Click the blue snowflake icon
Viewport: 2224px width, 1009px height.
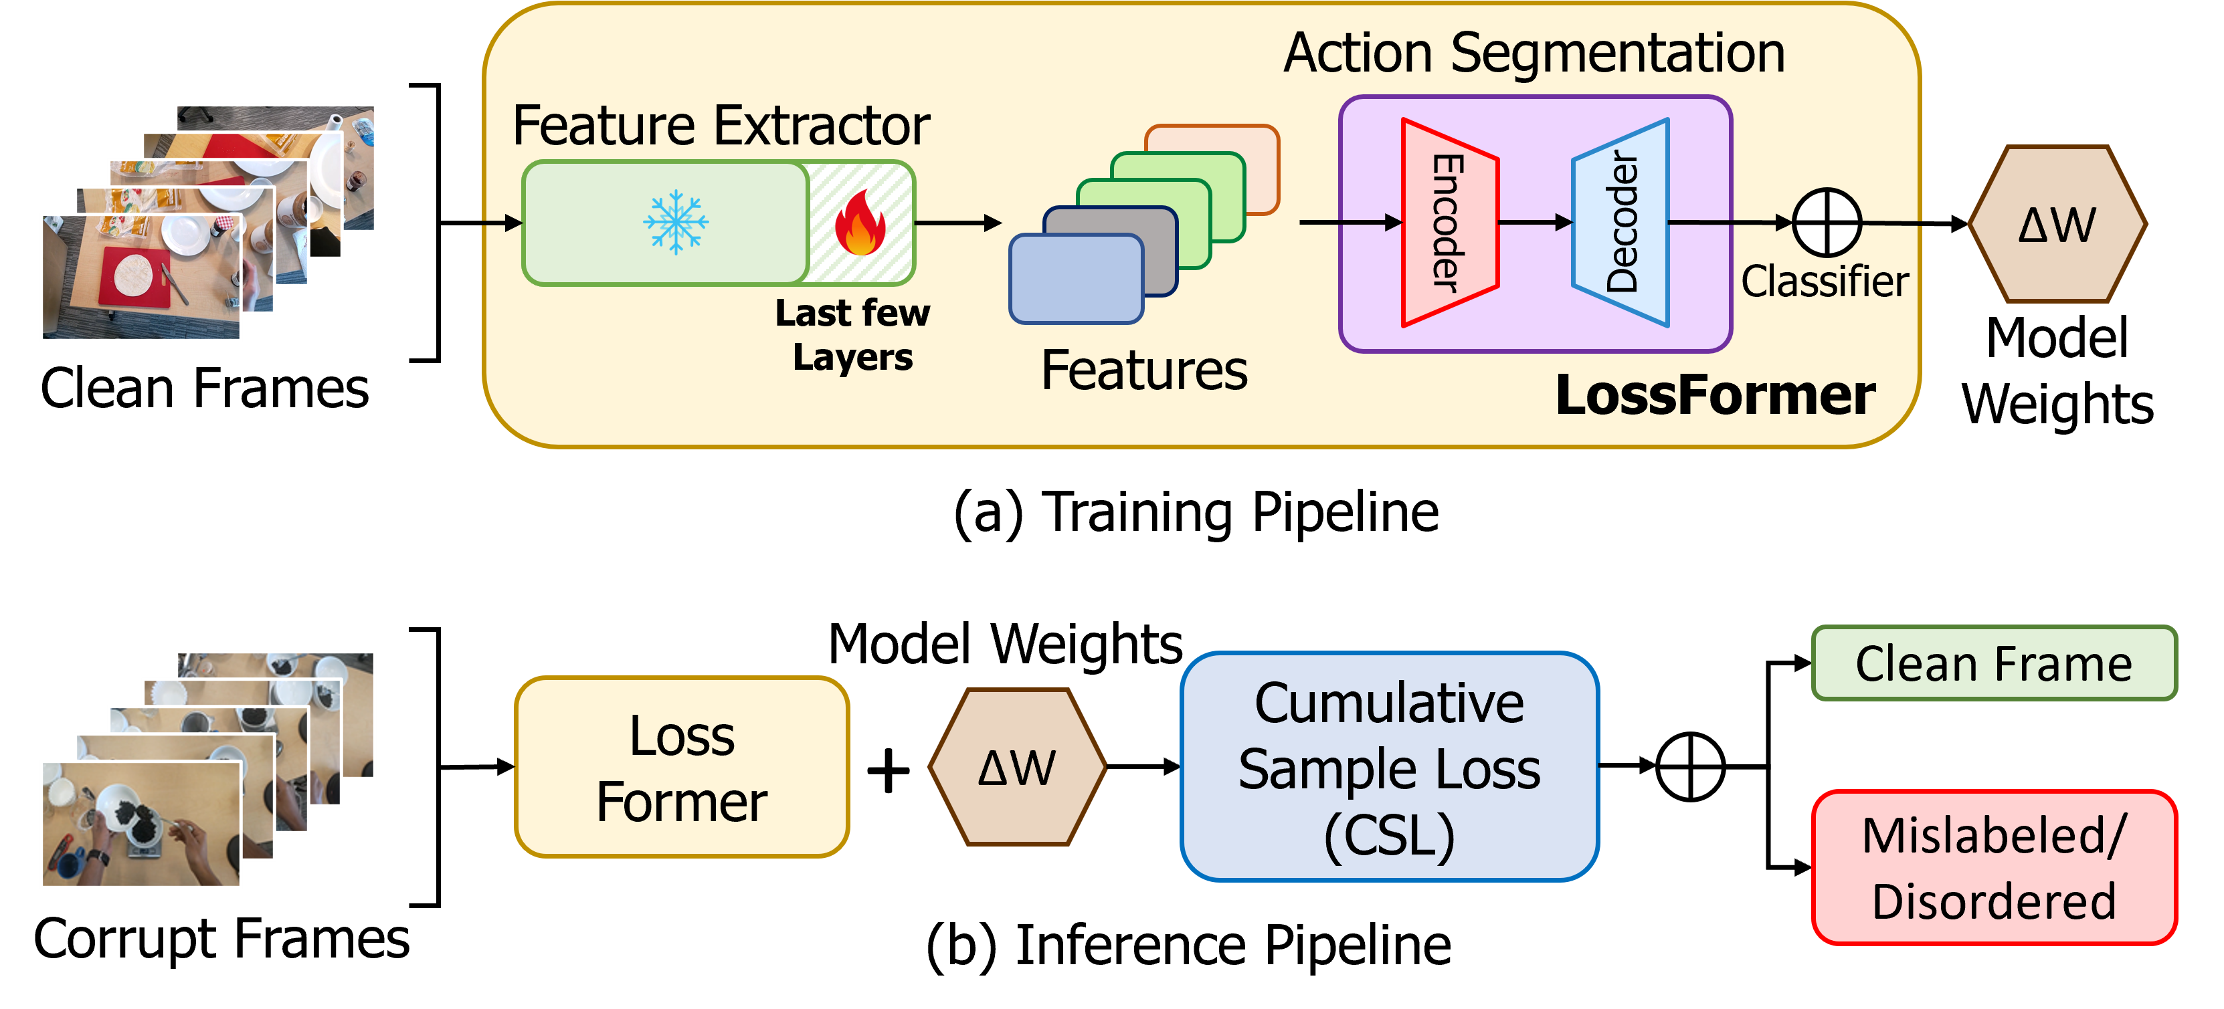point(675,222)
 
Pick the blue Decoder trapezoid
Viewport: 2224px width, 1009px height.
point(1620,223)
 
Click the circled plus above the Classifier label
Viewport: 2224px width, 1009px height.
point(1827,223)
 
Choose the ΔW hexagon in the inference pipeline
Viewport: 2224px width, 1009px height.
point(1017,766)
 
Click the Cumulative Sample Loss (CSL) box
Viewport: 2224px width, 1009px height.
point(1389,766)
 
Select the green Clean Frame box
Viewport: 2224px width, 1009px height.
point(1995,663)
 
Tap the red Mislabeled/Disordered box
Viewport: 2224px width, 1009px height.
point(1995,867)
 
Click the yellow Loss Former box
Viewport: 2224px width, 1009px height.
point(682,766)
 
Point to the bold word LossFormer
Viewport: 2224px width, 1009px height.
point(1716,395)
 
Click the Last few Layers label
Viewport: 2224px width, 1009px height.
point(853,335)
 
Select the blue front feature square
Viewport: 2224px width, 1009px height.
point(1077,279)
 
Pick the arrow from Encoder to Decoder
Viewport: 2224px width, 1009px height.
point(1535,223)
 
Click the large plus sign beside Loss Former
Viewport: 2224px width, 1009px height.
point(889,769)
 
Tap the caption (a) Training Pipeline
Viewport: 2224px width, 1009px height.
point(1196,513)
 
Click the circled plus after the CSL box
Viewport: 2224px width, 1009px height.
point(1691,766)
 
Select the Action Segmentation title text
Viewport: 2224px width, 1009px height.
point(1534,53)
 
